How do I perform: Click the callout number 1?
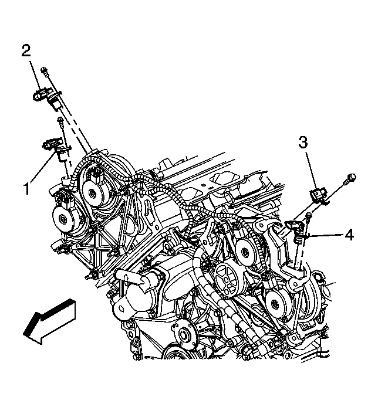pos(27,189)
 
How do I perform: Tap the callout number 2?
pos(26,51)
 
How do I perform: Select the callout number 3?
pos(303,143)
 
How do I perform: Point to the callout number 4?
pos(349,235)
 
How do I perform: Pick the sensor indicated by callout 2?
pos(47,97)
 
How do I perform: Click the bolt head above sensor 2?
pos(44,70)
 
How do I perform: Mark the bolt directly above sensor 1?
pos(60,121)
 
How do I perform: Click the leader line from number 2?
pos(35,75)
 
